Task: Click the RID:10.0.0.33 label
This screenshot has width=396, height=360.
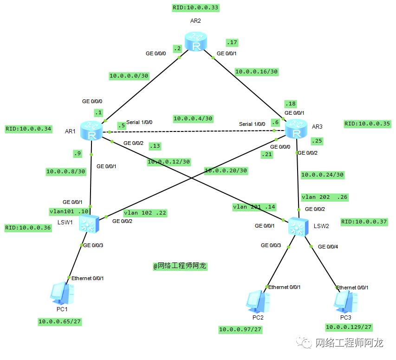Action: click(195, 8)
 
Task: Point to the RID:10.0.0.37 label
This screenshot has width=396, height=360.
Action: click(364, 222)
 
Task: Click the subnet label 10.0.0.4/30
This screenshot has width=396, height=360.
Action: click(193, 118)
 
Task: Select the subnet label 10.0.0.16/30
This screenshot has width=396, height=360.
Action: click(256, 72)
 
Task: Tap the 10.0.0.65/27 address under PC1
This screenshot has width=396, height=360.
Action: click(59, 321)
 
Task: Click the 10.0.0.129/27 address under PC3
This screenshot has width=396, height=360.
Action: click(348, 327)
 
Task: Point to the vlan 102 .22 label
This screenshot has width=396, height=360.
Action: click(145, 213)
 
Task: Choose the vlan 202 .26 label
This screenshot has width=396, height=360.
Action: click(324, 197)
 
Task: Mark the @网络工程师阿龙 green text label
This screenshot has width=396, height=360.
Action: click(180, 266)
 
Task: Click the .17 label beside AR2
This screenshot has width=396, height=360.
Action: click(232, 43)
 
